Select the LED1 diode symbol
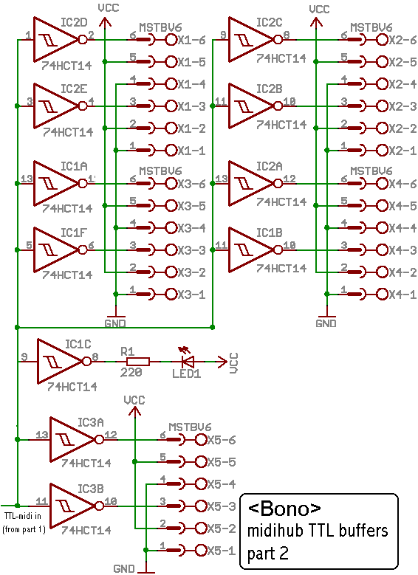click(x=188, y=362)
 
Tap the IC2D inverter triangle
click(x=56, y=39)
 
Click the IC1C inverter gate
click(x=60, y=362)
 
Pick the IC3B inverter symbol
click(x=72, y=506)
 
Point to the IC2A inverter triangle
click(x=251, y=183)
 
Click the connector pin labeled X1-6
click(x=171, y=40)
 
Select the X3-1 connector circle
click(x=171, y=294)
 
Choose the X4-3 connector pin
click(x=383, y=249)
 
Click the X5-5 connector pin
click(x=201, y=461)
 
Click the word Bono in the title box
click(x=284, y=509)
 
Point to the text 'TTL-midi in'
click(x=22, y=516)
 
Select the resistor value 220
click(x=131, y=373)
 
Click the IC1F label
click(x=74, y=233)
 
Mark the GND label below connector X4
click(x=326, y=323)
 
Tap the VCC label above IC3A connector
click(x=134, y=400)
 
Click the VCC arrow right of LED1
click(x=222, y=362)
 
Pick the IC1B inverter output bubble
click(x=278, y=249)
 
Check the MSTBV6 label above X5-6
click(x=190, y=427)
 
